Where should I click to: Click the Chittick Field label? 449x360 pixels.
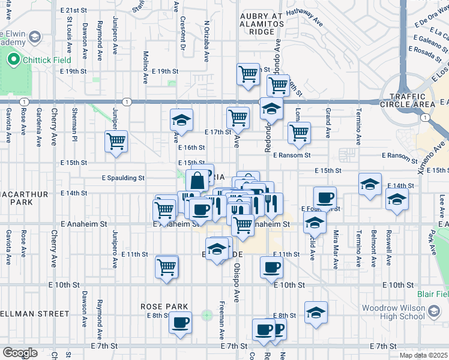tap(47, 60)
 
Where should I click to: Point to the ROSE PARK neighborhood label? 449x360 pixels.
tap(161, 306)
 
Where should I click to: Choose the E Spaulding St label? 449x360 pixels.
tap(123, 178)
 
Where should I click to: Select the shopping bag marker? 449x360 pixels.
tap(197, 180)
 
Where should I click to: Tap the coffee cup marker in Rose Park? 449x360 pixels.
tap(179, 323)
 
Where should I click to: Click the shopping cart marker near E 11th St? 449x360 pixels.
tap(167, 266)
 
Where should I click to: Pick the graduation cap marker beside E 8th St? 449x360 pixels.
tap(316, 313)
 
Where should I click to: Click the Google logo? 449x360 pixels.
tap(20, 353)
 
